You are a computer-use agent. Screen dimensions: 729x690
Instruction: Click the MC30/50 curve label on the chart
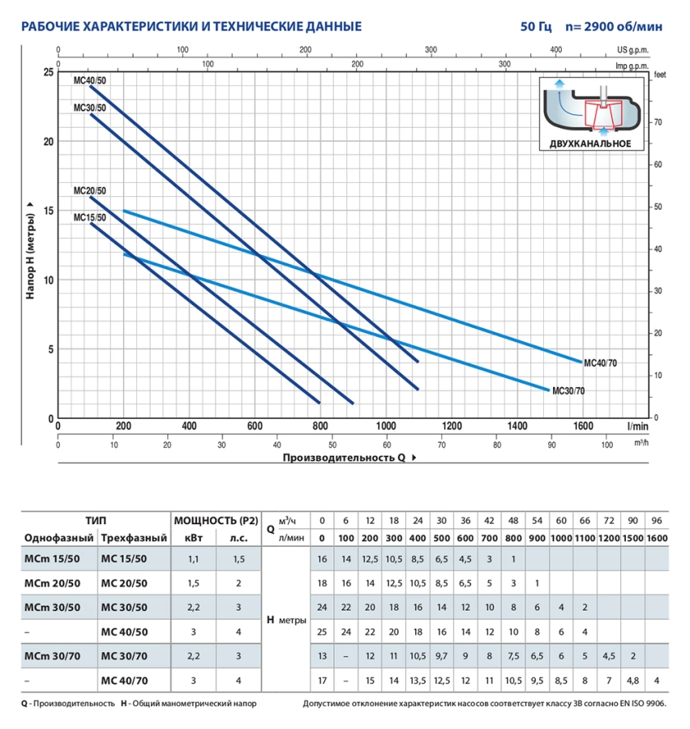pos(89,108)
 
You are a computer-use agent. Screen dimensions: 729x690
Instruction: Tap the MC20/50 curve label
pos(89,191)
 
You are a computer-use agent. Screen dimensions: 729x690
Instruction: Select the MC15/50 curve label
pos(89,218)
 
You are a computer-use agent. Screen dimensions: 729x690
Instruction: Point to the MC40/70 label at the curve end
pos(601,364)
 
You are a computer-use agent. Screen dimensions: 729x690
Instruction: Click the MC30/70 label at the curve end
pos(568,391)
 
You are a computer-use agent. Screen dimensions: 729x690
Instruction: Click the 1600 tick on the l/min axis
pos(582,426)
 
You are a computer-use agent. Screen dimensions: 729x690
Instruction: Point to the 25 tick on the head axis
pos(47,72)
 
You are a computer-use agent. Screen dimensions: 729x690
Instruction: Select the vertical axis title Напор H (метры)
pos(30,247)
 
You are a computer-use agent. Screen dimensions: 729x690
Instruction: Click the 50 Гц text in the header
pos(536,27)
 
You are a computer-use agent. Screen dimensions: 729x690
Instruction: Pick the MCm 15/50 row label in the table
pos(53,559)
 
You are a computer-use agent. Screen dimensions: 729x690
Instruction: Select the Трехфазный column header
pos(135,539)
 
